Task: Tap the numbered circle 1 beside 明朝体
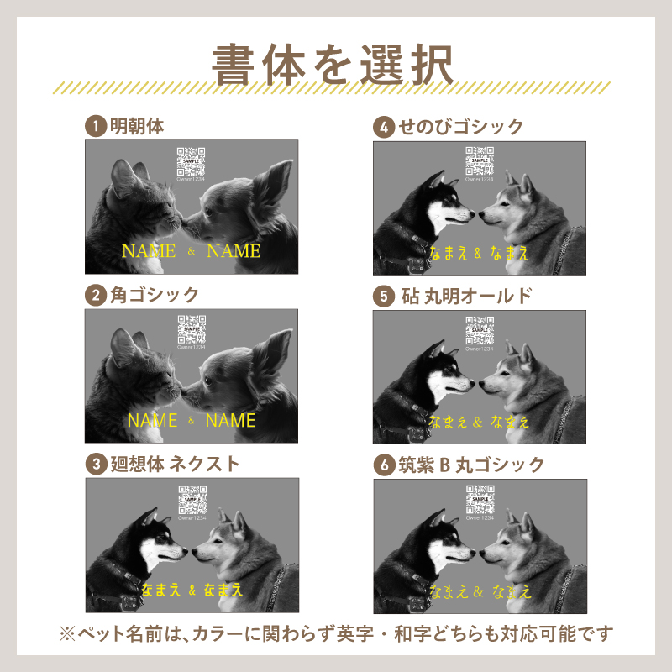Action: coord(97,127)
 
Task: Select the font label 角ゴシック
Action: coord(155,295)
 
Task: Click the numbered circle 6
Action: coord(384,465)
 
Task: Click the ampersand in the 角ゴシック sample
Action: coord(192,420)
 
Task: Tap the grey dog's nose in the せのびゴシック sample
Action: coord(482,215)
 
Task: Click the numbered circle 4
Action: coord(384,128)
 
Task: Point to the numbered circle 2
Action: coord(97,296)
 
